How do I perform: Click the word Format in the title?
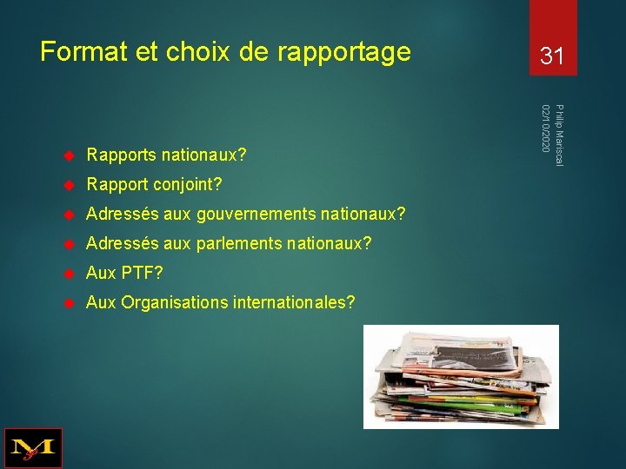(83, 52)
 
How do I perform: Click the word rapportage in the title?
(343, 53)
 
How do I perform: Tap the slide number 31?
(552, 57)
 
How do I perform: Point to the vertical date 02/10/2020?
(545, 129)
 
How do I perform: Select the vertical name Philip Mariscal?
(559, 135)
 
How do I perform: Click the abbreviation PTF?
(140, 274)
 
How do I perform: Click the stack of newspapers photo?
(461, 376)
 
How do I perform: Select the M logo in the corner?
(33, 448)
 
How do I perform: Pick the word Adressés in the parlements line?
(119, 244)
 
